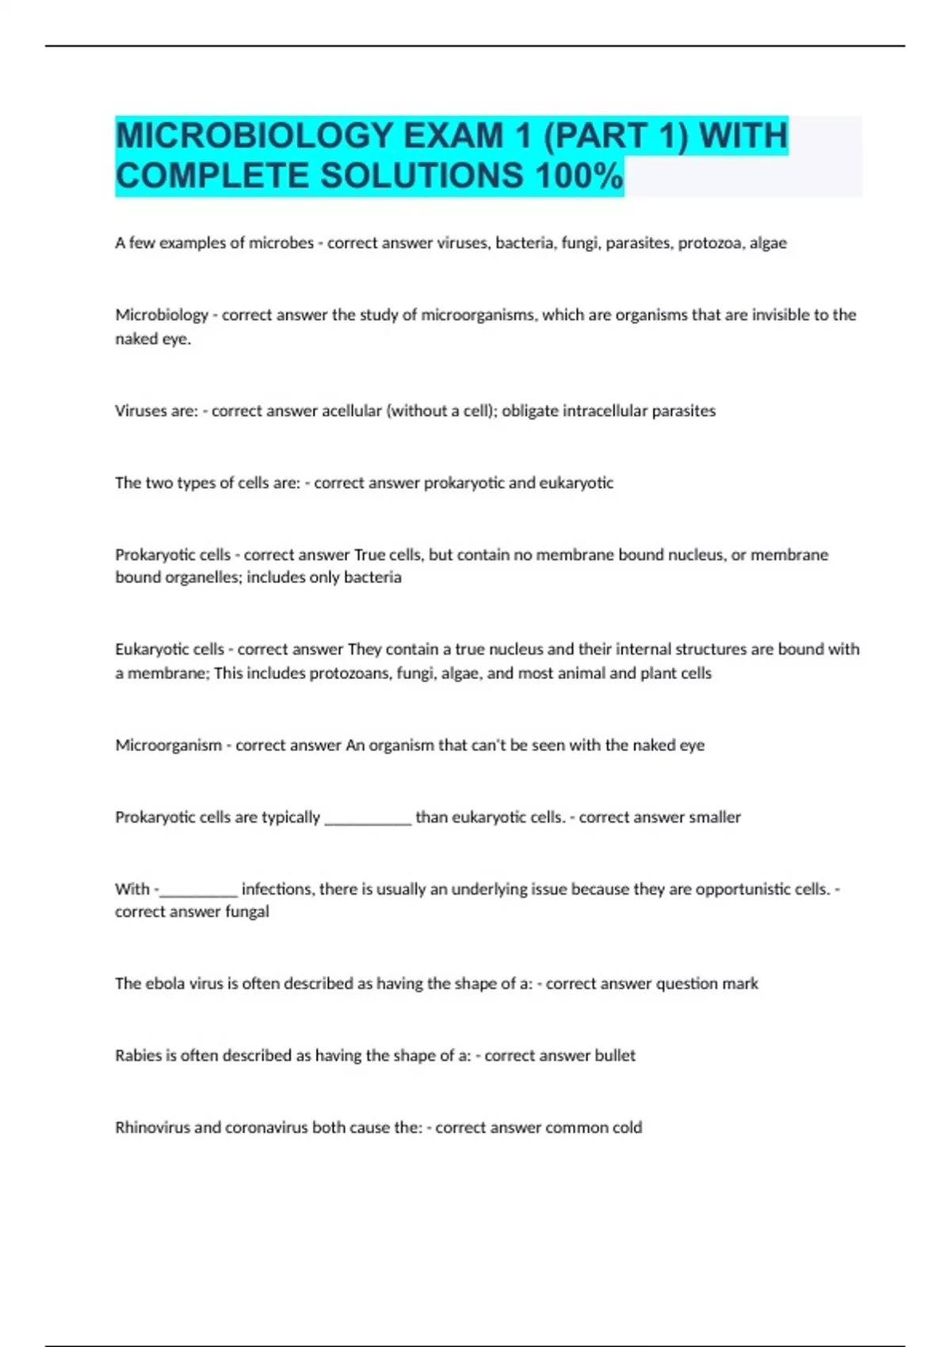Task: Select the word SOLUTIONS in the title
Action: click(422, 176)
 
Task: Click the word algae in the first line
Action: click(768, 243)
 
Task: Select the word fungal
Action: click(246, 912)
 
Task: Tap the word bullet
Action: click(616, 1056)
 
